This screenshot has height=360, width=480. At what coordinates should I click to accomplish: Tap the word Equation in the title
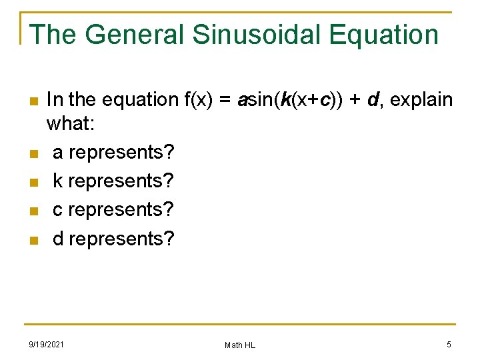[x=383, y=35]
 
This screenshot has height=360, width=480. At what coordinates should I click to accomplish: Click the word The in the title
[x=55, y=35]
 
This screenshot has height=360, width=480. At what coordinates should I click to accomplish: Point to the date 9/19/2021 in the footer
[x=47, y=344]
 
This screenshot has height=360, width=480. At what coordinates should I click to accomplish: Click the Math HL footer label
[x=240, y=345]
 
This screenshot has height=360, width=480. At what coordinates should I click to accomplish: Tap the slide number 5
[x=449, y=344]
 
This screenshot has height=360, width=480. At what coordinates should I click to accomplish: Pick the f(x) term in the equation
[x=198, y=101]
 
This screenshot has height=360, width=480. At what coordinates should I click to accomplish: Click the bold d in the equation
[x=372, y=101]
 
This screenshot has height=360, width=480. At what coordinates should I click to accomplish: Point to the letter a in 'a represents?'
[x=58, y=153]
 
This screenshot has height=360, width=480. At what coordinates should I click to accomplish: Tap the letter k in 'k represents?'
[x=58, y=181]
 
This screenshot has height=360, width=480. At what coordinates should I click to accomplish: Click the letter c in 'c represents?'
[x=58, y=210]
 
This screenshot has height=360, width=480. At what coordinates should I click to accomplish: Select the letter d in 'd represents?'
[x=58, y=239]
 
